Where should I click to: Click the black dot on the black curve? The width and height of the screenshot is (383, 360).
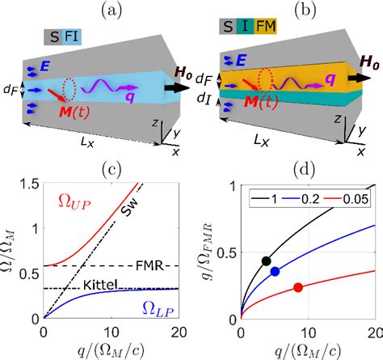tap(266, 260)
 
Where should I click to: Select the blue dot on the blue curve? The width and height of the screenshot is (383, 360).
tap(275, 271)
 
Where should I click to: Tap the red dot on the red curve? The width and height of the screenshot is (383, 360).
tap(297, 287)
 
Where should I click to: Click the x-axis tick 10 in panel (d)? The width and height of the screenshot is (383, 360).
tap(308, 332)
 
